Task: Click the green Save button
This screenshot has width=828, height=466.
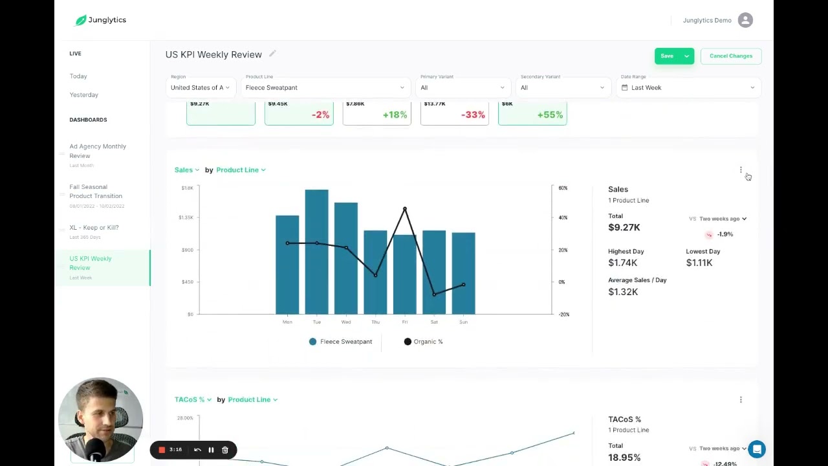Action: point(667,56)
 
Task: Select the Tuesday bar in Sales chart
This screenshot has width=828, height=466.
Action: point(316,252)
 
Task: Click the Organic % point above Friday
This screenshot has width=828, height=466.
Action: point(405,209)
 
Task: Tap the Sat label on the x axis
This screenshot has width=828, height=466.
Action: point(434,322)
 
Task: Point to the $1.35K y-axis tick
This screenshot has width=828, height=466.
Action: point(186,217)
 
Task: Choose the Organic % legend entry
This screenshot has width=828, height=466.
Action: point(424,342)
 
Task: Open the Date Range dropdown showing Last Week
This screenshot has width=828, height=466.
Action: point(688,87)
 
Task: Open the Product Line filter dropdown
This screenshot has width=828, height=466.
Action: point(325,87)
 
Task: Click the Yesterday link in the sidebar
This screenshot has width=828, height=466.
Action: point(84,94)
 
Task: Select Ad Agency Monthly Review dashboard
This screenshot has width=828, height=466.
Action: point(98,151)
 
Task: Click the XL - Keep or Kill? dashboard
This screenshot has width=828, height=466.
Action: point(94,228)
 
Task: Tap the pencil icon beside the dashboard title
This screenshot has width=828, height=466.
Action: point(272,54)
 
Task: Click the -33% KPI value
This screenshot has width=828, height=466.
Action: point(473,115)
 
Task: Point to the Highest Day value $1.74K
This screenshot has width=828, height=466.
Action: point(623,263)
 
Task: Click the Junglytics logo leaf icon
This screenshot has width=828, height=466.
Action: point(81,20)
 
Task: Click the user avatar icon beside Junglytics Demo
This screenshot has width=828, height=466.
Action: point(745,20)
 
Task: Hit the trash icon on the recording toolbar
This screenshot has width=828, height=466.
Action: point(225,450)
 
